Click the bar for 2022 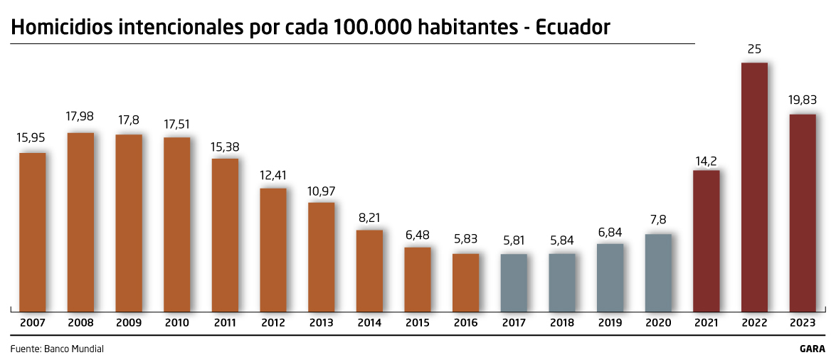pyautogui.click(x=754, y=187)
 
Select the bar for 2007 pyautogui.click(x=33, y=232)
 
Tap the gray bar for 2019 pyautogui.click(x=610, y=277)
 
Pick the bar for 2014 pyautogui.click(x=369, y=270)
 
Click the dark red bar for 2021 pyautogui.click(x=707, y=240)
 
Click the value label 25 pyautogui.click(x=754, y=48)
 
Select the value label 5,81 pyautogui.click(x=514, y=240)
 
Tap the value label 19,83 pyautogui.click(x=803, y=100)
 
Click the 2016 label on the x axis pyautogui.click(x=466, y=322)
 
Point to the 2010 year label pyautogui.click(x=177, y=322)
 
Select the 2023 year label pyautogui.click(x=803, y=322)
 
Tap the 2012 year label pyautogui.click(x=273, y=322)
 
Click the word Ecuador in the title pyautogui.click(x=573, y=28)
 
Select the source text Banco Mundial pyautogui.click(x=74, y=349)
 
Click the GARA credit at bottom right pyautogui.click(x=812, y=349)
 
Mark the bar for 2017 pyautogui.click(x=514, y=282)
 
